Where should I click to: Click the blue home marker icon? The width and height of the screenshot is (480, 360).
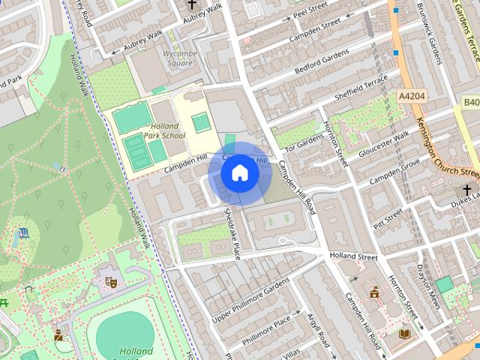[240, 173]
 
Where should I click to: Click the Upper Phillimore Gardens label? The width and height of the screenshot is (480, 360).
[250, 299]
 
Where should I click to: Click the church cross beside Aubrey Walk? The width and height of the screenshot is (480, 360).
[192, 4]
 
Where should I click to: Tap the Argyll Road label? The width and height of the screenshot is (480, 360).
[319, 332]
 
